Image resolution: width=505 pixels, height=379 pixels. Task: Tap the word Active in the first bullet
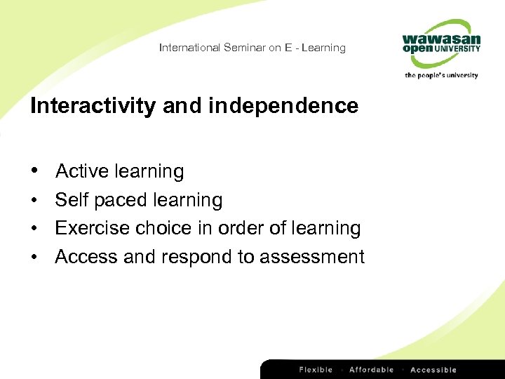pos(82,171)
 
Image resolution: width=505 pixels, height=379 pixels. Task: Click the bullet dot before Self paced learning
pos(34,201)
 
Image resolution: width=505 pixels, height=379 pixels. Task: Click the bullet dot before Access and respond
pos(34,258)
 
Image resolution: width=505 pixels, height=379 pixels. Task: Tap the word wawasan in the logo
pos(441,39)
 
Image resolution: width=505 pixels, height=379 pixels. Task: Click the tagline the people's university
pos(441,75)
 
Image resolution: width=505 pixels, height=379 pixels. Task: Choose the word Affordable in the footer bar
pos(371,370)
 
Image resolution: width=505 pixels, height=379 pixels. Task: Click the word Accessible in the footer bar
pos(433,370)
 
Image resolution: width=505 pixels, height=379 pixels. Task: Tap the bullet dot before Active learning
pos(34,172)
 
